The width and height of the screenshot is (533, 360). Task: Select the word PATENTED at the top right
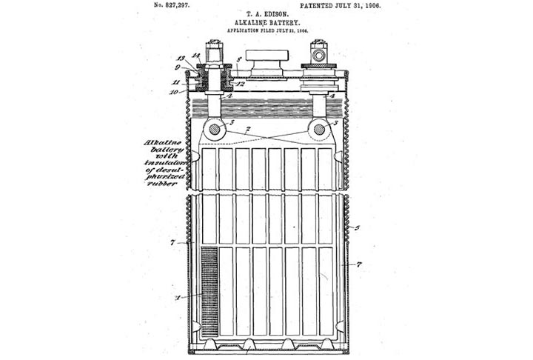tap(326, 5)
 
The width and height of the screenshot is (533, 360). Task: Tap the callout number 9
tap(178, 68)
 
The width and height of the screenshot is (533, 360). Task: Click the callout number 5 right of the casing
tap(357, 227)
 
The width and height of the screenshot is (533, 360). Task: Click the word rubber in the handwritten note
tap(161, 184)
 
